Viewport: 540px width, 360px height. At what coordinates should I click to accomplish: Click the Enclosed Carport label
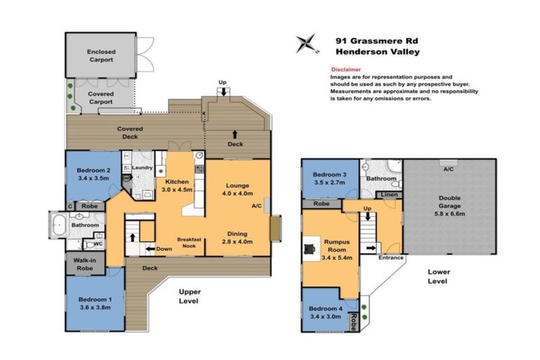click(x=101, y=56)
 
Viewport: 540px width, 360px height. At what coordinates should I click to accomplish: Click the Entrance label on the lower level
click(x=391, y=258)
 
